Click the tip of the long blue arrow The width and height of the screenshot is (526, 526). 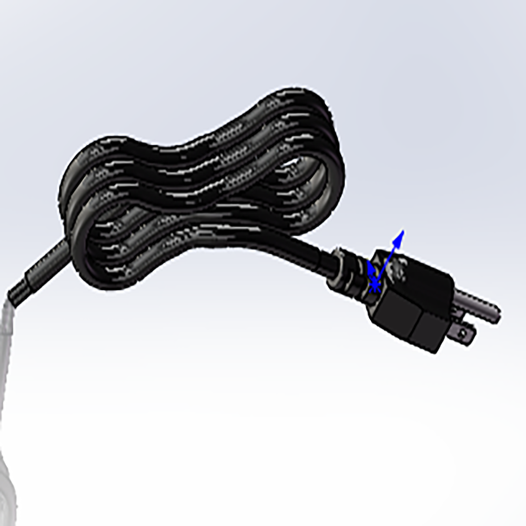tap(401, 232)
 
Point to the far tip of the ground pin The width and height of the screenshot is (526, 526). tap(497, 315)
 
